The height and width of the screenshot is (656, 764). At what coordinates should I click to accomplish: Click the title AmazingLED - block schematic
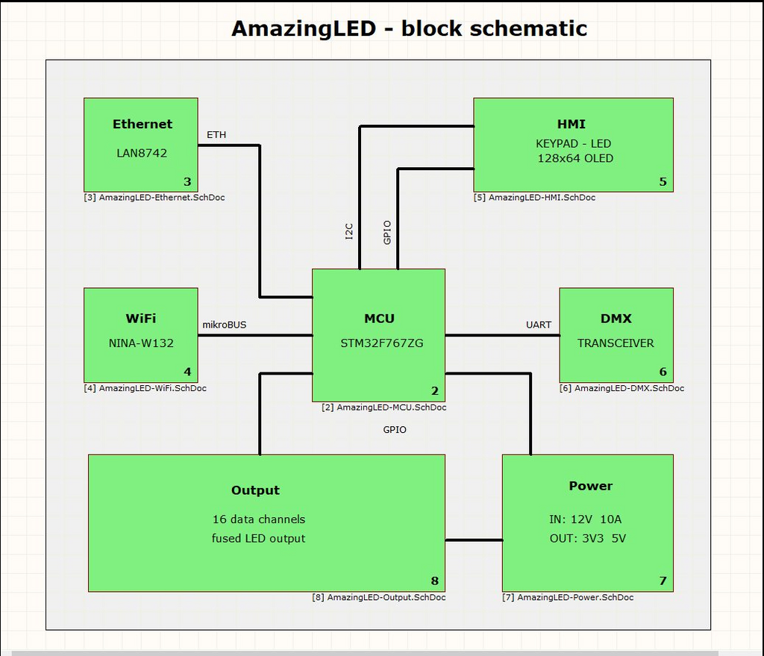[x=409, y=28]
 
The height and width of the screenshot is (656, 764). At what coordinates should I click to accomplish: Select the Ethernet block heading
[x=142, y=124]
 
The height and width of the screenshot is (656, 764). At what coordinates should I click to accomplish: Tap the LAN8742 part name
[x=142, y=153]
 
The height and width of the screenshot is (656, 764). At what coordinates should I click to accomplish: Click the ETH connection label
[x=216, y=135]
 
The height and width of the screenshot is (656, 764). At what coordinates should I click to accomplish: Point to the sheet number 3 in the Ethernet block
[x=187, y=181]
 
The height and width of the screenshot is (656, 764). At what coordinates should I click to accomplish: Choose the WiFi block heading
[x=141, y=319]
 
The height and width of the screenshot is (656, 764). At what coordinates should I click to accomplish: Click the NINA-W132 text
[x=141, y=343]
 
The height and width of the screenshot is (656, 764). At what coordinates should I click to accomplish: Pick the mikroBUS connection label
[x=225, y=325]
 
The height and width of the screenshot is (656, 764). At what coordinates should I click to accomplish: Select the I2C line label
[x=349, y=232]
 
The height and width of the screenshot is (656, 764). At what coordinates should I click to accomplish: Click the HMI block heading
[x=572, y=124]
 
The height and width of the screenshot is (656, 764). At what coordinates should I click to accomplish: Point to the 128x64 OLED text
[x=575, y=158]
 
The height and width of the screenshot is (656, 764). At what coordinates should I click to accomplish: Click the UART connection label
[x=538, y=325]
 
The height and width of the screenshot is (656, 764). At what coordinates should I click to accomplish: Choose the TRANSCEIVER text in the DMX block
[x=616, y=343]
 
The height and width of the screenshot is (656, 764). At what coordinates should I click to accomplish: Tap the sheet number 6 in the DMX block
[x=663, y=372]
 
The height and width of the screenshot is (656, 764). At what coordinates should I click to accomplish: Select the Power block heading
[x=590, y=486]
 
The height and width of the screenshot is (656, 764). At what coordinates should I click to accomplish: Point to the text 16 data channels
[x=259, y=519]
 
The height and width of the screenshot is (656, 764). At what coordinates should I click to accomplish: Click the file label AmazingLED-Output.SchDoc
[x=379, y=598]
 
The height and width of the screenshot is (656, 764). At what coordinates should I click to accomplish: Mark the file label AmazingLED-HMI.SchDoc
[x=534, y=198]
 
